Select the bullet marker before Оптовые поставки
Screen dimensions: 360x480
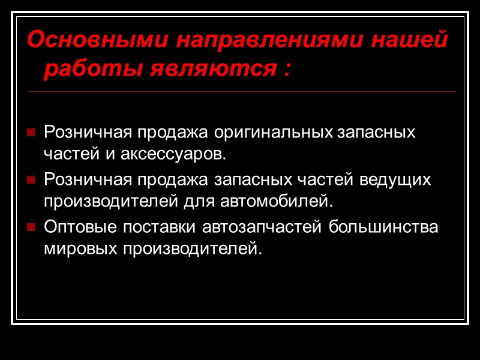coord(31,229)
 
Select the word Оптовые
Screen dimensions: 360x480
coord(76,227)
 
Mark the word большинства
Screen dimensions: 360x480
coord(388,227)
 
